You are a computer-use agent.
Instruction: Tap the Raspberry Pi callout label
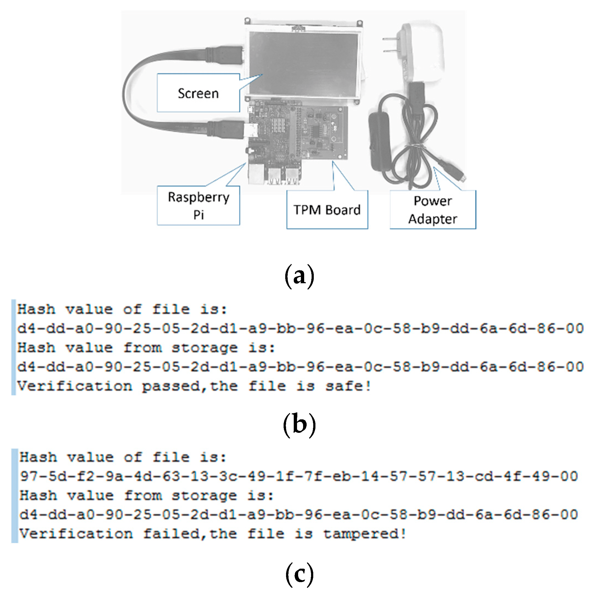(198, 206)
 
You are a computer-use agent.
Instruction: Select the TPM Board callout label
(327, 210)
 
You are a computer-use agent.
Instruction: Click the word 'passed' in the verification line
(171, 386)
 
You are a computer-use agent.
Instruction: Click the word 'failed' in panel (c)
(171, 534)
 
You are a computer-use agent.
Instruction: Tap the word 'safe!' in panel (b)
(348, 386)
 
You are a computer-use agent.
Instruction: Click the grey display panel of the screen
(304, 63)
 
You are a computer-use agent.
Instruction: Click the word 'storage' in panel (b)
(205, 348)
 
